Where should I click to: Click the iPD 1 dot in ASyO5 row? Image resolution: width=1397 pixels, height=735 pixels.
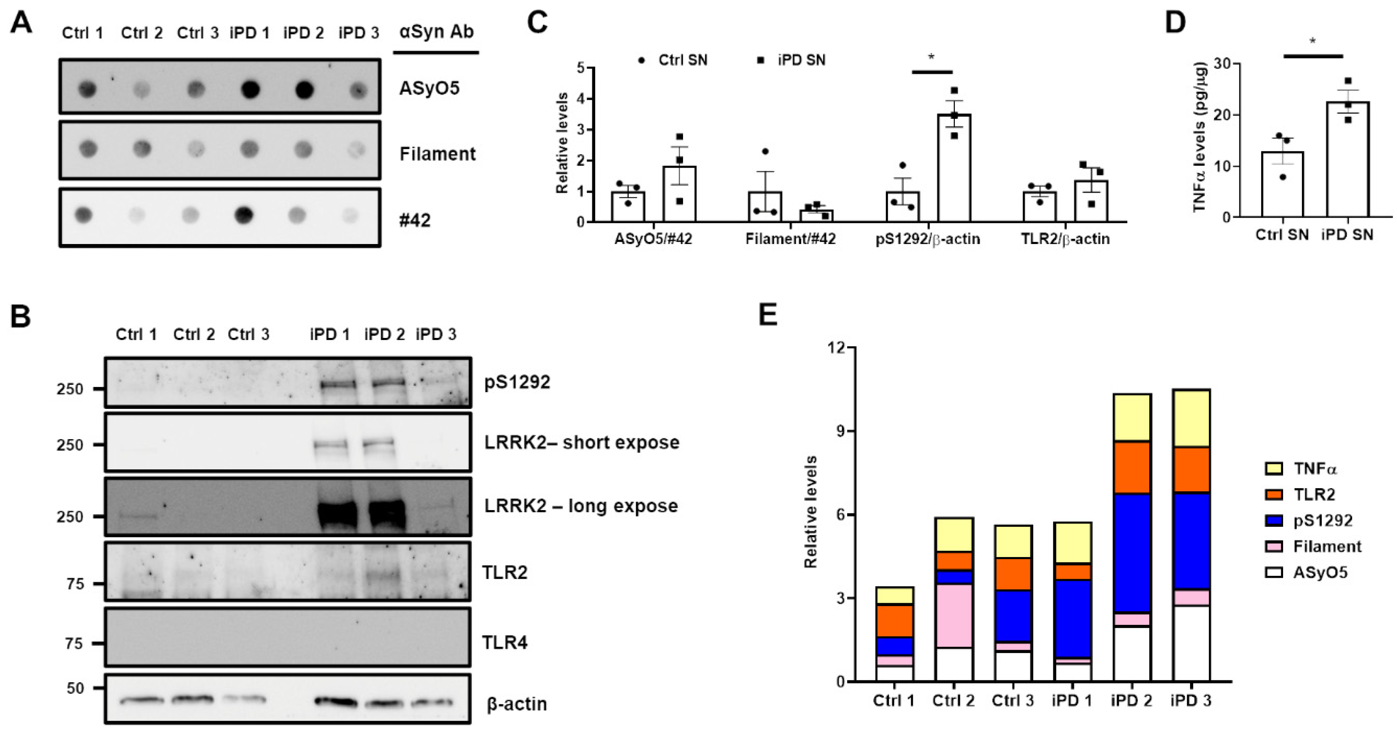pyautogui.click(x=250, y=89)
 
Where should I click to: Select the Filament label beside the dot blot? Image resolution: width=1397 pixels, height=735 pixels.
pyautogui.click(x=437, y=154)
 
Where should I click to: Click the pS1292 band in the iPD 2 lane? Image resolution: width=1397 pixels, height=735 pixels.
pyautogui.click(x=388, y=383)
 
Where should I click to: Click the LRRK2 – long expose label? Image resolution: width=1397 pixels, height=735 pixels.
pyautogui.click(x=581, y=506)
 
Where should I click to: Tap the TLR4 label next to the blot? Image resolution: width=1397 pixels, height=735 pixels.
pyautogui.click(x=504, y=642)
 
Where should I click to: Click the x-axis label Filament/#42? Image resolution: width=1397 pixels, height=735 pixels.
pyautogui.click(x=790, y=239)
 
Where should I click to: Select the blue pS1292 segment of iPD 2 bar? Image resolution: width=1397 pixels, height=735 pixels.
pyautogui.click(x=1132, y=553)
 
